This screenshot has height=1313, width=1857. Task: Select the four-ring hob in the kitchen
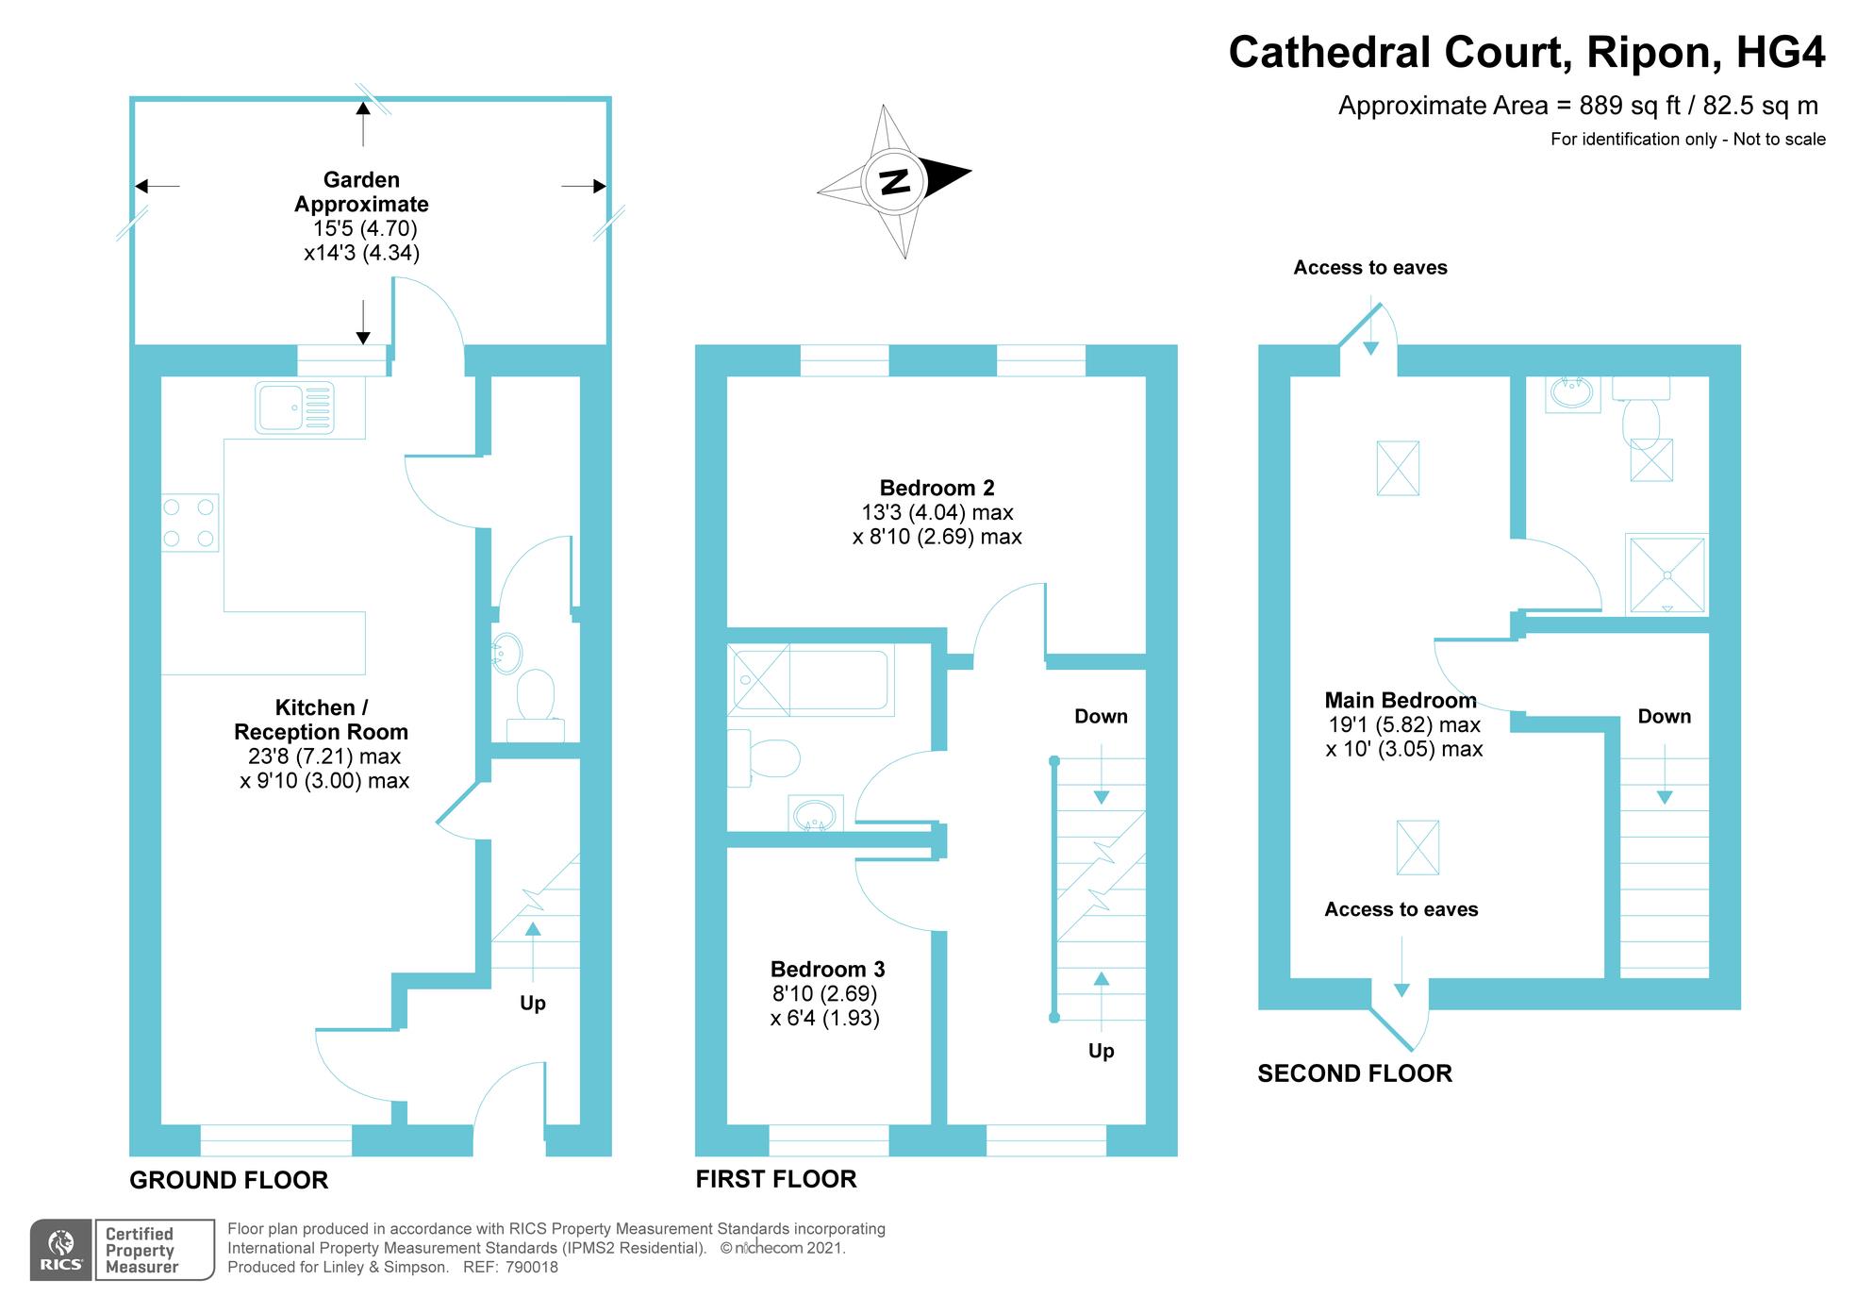(x=190, y=523)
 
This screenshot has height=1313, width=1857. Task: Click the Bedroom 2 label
(x=937, y=488)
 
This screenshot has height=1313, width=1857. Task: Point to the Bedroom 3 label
(x=827, y=969)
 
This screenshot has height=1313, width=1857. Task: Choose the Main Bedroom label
(x=1400, y=700)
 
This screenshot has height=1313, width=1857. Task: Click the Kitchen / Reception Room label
(x=321, y=720)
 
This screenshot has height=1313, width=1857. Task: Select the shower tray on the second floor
(x=1666, y=574)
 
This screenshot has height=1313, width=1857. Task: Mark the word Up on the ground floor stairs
(x=533, y=1003)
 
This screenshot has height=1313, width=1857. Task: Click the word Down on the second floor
(x=1664, y=716)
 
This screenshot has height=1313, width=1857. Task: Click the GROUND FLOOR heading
(x=229, y=1180)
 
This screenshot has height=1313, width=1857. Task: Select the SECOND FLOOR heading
(x=1354, y=1073)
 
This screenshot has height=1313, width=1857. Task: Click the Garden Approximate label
(x=362, y=191)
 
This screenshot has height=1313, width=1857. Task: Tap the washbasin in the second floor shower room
(x=1572, y=394)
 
